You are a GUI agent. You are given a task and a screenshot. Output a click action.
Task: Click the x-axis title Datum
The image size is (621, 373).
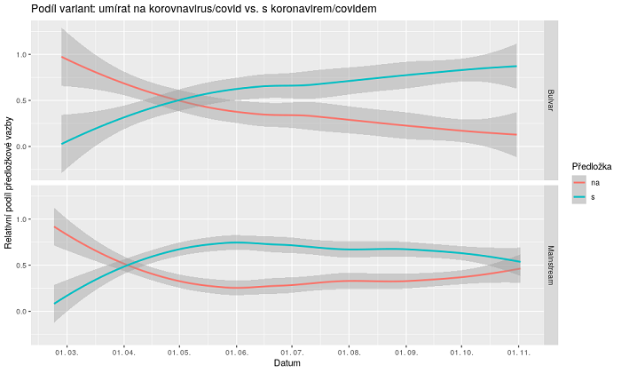point(287,363)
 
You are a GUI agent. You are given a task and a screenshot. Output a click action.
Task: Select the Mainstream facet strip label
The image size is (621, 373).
point(551,263)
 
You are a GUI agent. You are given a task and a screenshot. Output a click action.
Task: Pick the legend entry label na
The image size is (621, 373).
point(594,181)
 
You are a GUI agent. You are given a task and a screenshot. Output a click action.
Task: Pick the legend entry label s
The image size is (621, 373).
point(593,197)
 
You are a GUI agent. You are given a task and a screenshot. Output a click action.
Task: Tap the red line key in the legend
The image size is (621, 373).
point(579,181)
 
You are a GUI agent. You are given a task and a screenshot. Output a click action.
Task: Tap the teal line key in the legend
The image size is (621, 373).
point(579,197)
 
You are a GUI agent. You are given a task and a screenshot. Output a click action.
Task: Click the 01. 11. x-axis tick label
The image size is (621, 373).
point(516,352)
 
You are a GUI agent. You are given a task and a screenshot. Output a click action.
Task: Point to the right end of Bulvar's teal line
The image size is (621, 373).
point(516,67)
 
